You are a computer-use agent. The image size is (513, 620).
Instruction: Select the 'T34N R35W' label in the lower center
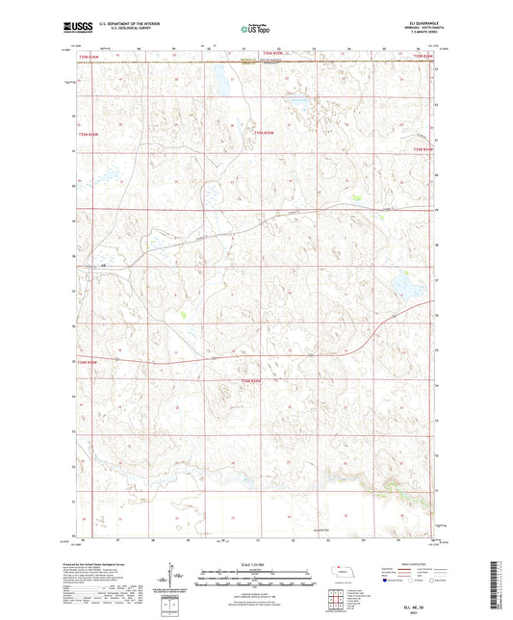[250, 382]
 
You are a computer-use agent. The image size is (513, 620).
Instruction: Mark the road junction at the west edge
[102, 266]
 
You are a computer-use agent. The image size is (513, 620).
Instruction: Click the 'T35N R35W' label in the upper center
[264, 133]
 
